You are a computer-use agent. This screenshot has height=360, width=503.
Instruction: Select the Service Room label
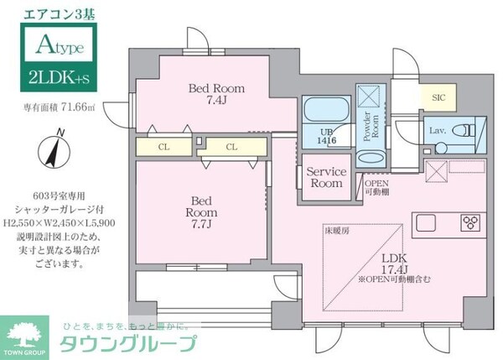click(x=325, y=177)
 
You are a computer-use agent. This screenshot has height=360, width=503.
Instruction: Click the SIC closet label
click(x=438, y=98)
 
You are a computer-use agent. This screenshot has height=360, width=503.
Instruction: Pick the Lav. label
click(x=437, y=132)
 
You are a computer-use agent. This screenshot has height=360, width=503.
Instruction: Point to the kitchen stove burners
click(x=470, y=222)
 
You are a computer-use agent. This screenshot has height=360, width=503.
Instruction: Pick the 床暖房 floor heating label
click(x=335, y=228)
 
